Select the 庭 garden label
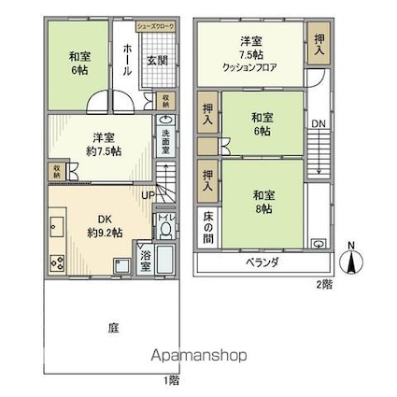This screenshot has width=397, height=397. (113, 329)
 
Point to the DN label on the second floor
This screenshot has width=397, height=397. (319, 122)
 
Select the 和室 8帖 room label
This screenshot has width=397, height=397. (262, 202)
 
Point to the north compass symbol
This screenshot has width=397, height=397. (351, 259)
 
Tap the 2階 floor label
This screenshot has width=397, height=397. (323, 284)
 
